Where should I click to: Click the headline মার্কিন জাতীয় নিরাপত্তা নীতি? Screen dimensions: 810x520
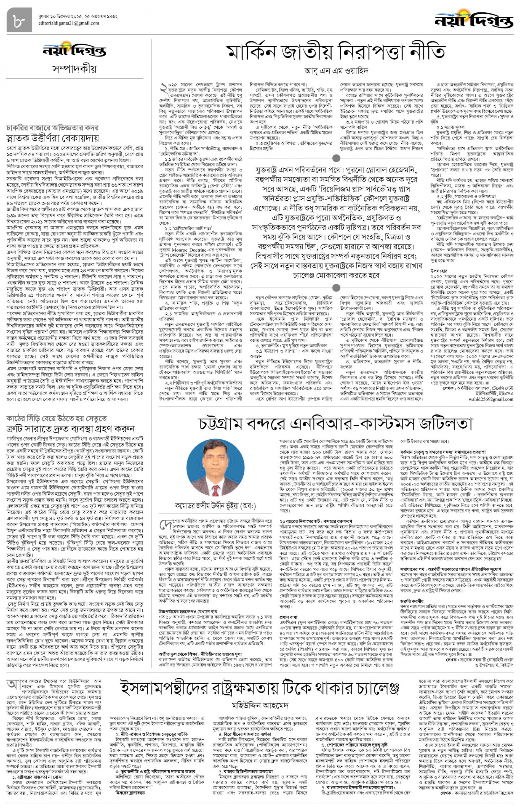click(336, 52)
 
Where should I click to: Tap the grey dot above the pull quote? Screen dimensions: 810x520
click(336, 158)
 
